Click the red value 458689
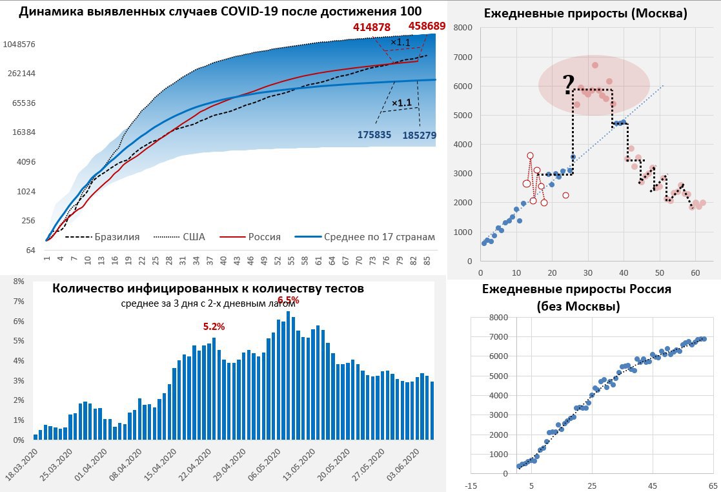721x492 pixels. coord(427,26)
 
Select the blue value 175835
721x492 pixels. coord(376,134)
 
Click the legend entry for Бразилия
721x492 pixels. coord(116,237)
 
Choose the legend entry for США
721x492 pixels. coord(193,237)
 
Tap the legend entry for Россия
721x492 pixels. coord(264,237)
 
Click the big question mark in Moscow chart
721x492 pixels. coord(568,85)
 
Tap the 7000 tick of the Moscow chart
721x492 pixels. coord(463,57)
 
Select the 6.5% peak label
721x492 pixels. coord(288,300)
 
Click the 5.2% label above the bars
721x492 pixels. coord(214,327)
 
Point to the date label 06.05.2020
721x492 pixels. coord(263,464)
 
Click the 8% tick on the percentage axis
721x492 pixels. coord(18,282)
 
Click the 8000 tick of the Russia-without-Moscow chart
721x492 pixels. coord(498,317)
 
